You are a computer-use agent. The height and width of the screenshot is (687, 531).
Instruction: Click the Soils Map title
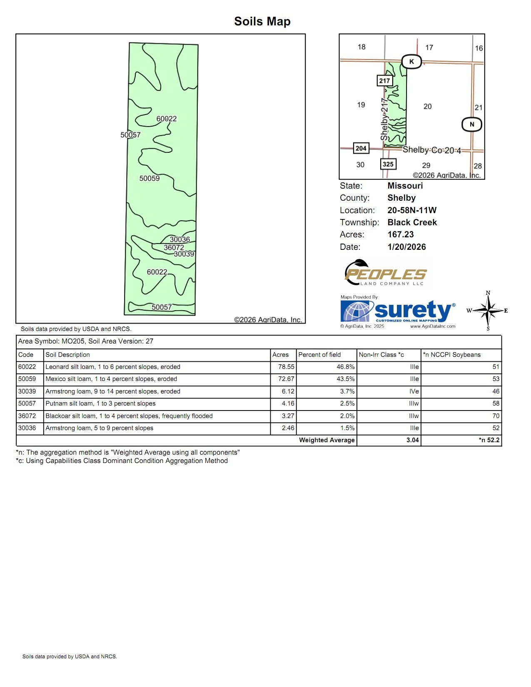pyautogui.click(x=262, y=21)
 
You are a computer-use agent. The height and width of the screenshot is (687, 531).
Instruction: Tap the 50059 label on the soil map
pyautogui.click(x=149, y=178)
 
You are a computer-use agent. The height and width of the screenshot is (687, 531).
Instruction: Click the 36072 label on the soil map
pyautogui.click(x=174, y=247)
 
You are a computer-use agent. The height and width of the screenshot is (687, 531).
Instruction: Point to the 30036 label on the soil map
pyautogui.click(x=179, y=239)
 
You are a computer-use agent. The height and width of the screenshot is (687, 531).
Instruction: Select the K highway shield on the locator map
pyautogui.click(x=411, y=62)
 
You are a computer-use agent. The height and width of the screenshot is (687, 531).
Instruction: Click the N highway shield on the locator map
pyautogui.click(x=472, y=124)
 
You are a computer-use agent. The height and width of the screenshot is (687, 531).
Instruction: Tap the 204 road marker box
pyautogui.click(x=361, y=148)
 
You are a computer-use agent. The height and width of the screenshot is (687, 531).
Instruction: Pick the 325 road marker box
pyautogui.click(x=388, y=164)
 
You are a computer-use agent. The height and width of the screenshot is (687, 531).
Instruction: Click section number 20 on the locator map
pyautogui.click(x=427, y=107)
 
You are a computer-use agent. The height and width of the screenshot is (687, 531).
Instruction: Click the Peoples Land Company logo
pyautogui.click(x=385, y=273)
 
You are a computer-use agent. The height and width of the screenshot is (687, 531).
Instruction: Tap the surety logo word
pyautogui.click(x=412, y=311)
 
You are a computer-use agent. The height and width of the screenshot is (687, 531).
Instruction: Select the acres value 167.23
pyautogui.click(x=400, y=234)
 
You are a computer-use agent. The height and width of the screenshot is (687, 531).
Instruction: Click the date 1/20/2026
pyautogui.click(x=406, y=247)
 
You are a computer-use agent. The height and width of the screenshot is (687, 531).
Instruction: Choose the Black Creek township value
pyautogui.click(x=412, y=222)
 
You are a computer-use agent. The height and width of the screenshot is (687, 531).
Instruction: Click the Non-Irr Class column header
pyautogui.click(x=381, y=355)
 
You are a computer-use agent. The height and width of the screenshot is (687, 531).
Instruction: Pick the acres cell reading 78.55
pyautogui.click(x=286, y=367)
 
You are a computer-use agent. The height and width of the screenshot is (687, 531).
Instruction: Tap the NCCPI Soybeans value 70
pyautogui.click(x=496, y=416)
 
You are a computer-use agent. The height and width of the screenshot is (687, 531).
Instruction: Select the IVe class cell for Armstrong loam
pyautogui.click(x=414, y=391)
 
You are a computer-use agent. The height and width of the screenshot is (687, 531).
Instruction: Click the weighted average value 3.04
pyautogui.click(x=412, y=440)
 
